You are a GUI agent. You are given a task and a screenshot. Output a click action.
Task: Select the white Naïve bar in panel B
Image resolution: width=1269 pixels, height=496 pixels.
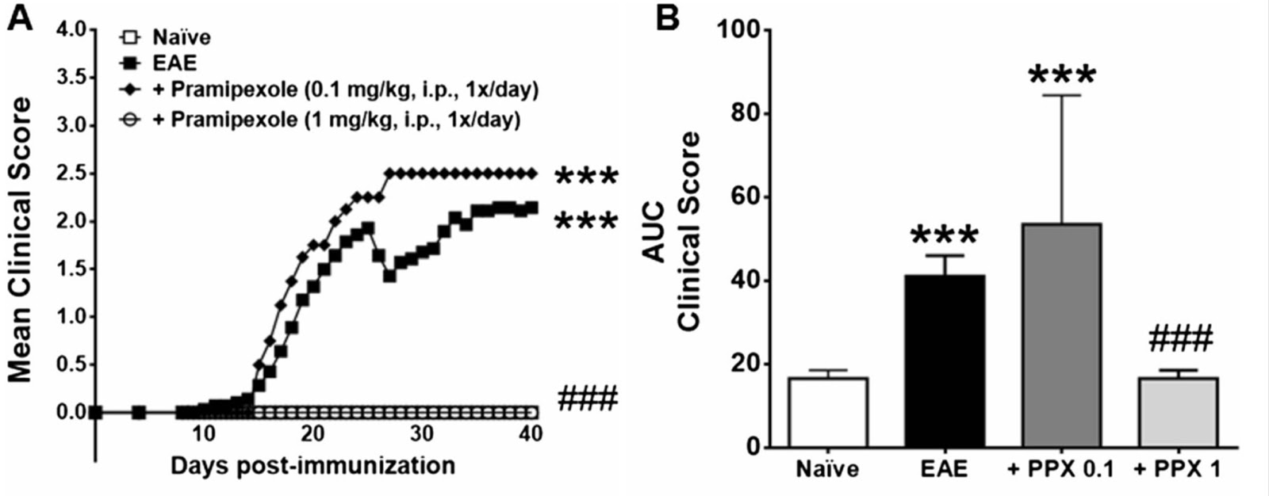[x=828, y=412]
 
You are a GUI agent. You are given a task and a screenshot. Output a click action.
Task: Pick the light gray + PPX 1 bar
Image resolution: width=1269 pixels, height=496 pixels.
[x=1178, y=412]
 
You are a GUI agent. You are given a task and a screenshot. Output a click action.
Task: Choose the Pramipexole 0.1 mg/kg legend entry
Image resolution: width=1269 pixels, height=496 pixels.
[x=328, y=90]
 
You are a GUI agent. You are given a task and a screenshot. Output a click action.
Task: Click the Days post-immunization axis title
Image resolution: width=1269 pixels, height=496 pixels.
[x=312, y=465]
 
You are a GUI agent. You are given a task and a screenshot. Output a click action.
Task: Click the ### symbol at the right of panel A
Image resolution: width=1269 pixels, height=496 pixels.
[x=587, y=398]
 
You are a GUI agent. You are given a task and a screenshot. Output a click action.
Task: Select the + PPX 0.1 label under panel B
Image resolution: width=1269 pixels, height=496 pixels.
[x=1061, y=469]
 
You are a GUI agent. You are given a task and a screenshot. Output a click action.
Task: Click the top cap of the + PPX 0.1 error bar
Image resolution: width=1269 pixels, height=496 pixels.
[x=1061, y=95]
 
